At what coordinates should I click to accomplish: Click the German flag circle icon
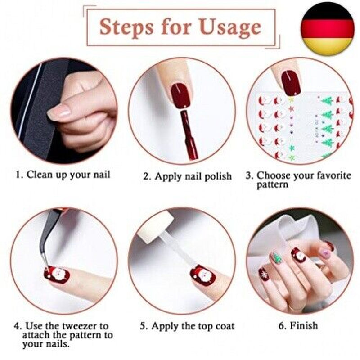328,29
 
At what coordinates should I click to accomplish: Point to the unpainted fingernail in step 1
59,112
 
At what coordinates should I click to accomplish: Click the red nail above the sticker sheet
291,83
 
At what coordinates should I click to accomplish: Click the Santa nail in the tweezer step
57,274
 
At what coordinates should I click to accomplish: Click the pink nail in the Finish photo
326,253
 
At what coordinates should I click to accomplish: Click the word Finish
304,325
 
